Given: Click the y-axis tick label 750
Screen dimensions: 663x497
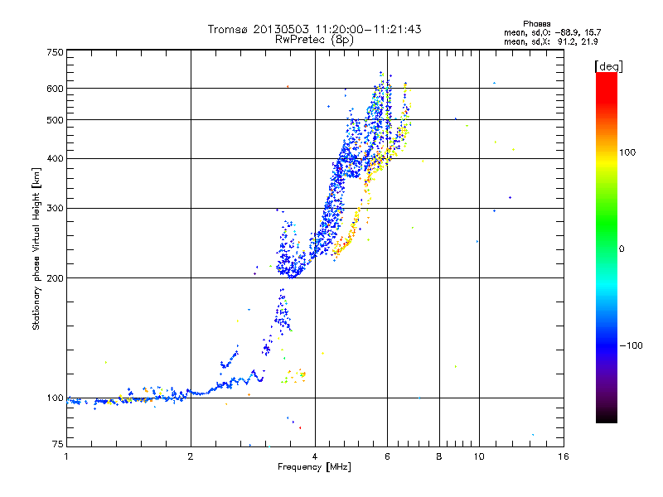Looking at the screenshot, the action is coord(55,52).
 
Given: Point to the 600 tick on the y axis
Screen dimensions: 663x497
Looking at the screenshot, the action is coord(55,89).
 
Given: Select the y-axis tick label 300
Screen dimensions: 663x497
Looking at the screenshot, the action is coord(55,209).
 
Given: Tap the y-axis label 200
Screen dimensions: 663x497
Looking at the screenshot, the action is coord(55,278).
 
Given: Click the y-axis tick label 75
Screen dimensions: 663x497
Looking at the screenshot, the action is coord(58,444).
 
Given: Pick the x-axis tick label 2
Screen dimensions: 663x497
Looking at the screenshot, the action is coord(191,456).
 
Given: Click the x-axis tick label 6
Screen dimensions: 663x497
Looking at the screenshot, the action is coord(387,456).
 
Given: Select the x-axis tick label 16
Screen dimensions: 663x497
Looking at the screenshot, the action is coord(564,456).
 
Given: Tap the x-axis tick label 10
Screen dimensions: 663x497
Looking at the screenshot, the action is coord(479,456).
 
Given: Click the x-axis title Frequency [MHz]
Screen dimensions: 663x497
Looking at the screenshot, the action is coord(314,467).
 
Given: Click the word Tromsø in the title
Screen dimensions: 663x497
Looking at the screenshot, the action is coord(227,29).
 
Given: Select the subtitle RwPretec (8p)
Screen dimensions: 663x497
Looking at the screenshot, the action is coord(314,40).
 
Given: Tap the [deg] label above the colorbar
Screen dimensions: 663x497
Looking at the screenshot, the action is coord(609,66).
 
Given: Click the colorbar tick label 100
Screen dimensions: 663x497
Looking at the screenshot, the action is coord(627,152).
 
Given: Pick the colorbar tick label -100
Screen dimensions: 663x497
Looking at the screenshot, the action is coord(631,345).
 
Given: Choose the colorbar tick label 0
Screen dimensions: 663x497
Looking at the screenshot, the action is coord(622,249).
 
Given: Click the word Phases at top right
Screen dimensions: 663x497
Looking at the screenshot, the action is coord(537,24).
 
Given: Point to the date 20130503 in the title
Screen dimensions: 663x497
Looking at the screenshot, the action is coord(281,29).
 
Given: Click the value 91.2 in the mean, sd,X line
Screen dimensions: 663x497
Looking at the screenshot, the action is coord(565,42).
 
